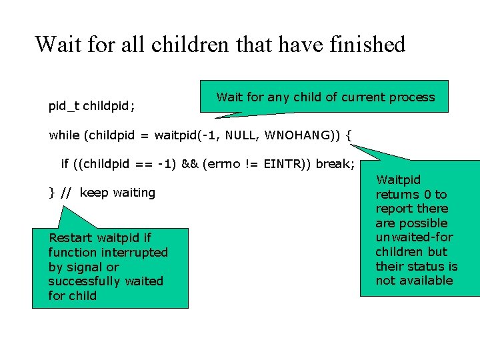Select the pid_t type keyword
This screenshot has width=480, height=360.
(x=64, y=106)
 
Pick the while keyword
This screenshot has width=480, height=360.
(x=65, y=135)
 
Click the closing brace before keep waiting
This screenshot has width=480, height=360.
(x=52, y=193)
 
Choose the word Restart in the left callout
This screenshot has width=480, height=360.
(x=71, y=238)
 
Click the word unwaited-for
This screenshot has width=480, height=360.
(x=414, y=237)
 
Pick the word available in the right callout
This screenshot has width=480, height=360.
(x=424, y=281)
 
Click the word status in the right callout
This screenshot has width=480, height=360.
(x=427, y=266)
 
